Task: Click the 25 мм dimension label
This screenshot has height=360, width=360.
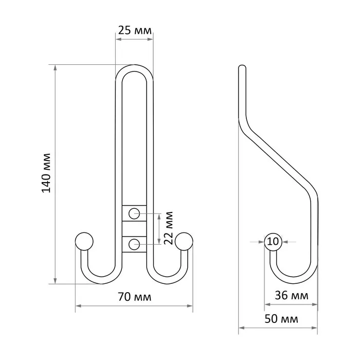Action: (x=135, y=30)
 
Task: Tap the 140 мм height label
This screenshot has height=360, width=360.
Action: (x=46, y=173)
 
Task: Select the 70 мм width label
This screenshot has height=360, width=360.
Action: (x=135, y=297)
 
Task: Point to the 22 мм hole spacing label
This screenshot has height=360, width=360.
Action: (x=168, y=228)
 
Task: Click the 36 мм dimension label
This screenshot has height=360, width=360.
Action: (x=292, y=295)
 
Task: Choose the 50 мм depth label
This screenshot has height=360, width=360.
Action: (x=281, y=319)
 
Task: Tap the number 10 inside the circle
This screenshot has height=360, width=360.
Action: (x=273, y=241)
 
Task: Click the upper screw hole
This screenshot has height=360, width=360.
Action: (x=134, y=213)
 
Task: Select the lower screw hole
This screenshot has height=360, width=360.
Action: (x=134, y=244)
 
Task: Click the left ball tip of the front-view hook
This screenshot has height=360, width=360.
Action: (x=84, y=241)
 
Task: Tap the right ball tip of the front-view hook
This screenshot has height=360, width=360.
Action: (x=184, y=241)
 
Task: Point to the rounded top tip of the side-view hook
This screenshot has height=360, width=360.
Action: (x=242, y=67)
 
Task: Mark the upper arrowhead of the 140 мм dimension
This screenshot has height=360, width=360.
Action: (x=55, y=67)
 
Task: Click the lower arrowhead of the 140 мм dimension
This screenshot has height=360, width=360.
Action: (x=55, y=281)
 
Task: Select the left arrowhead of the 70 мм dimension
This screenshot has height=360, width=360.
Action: (x=78, y=306)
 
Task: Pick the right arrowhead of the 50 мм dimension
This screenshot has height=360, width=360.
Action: (x=315, y=328)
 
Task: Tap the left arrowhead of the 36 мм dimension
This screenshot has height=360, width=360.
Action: (x=267, y=304)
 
